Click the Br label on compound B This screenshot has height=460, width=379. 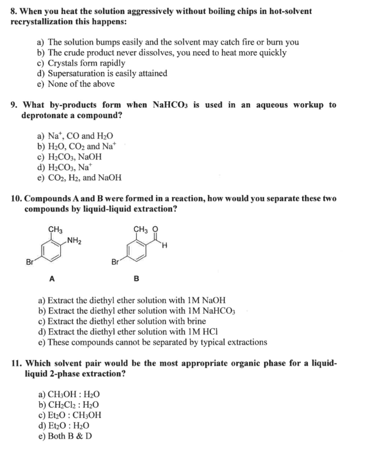pos(115,261)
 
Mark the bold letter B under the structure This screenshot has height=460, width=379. pos(136,279)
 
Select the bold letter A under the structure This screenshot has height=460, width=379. pos(52,279)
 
